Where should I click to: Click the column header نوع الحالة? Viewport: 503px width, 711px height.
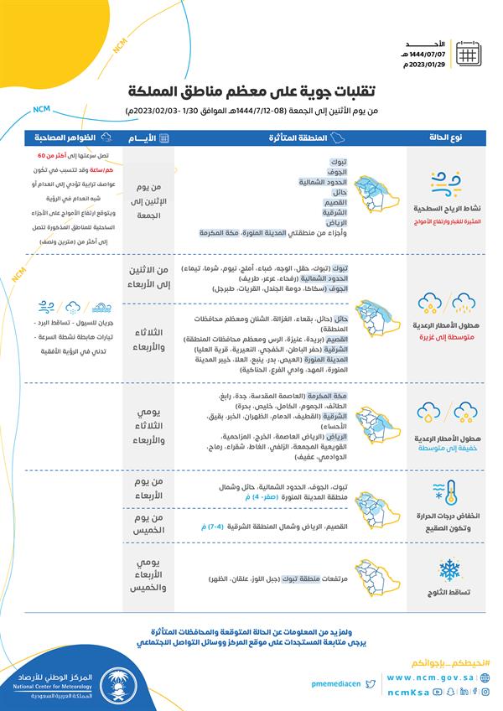(x=443, y=137)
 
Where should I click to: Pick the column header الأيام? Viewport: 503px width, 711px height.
(x=148, y=137)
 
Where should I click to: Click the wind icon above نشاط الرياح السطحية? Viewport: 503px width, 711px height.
(x=443, y=184)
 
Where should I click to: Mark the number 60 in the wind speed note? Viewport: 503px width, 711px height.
(x=42, y=157)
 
